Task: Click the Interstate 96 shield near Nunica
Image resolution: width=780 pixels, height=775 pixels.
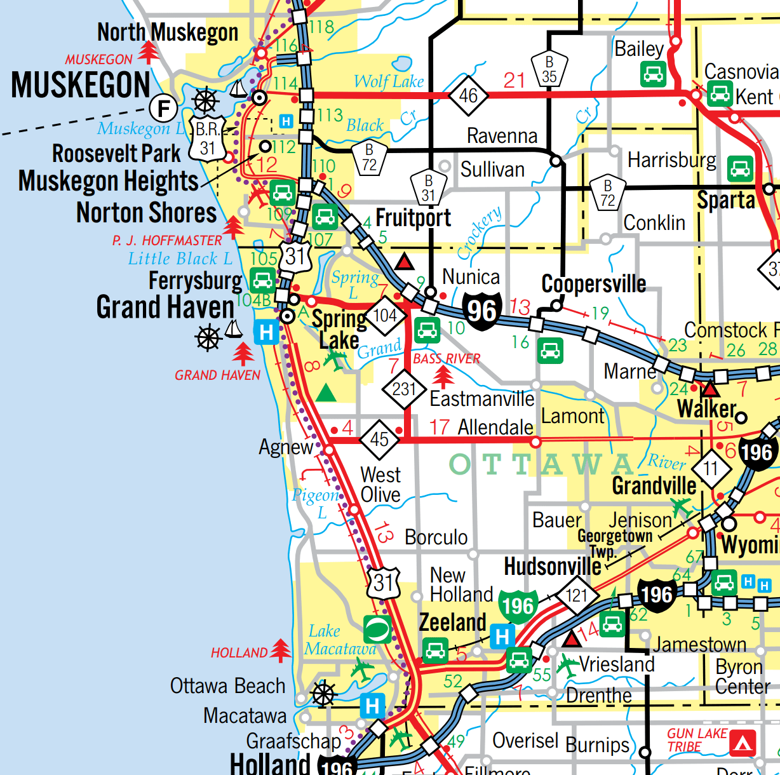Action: tap(482, 311)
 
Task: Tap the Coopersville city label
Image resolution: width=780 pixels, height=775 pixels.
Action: tap(593, 284)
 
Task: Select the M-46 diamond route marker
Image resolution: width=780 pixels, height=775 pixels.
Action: tap(468, 96)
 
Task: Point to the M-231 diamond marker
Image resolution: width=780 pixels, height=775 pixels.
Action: tap(404, 389)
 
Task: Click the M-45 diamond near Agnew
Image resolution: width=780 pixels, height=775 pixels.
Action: tap(379, 439)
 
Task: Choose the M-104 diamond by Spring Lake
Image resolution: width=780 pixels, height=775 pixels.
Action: tap(385, 315)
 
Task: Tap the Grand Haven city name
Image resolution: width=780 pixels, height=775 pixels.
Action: tap(165, 307)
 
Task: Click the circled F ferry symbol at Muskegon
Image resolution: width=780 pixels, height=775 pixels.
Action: tap(163, 108)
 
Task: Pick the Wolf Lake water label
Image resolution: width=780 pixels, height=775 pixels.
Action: tap(388, 81)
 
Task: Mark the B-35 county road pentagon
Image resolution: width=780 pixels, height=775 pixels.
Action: tap(549, 69)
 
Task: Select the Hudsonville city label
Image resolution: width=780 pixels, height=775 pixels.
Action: tap(552, 567)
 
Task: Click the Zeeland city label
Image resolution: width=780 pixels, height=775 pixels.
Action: tap(452, 623)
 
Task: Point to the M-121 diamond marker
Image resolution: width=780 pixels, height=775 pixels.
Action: tap(577, 595)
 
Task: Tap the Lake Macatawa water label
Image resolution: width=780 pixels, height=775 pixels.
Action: tap(340, 640)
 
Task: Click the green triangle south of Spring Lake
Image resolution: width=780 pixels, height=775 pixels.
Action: tap(326, 393)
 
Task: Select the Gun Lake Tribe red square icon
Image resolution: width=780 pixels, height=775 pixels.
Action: tap(743, 743)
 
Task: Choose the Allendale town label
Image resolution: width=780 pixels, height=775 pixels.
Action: tap(495, 428)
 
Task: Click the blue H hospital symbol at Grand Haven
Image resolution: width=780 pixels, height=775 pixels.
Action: tap(266, 332)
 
